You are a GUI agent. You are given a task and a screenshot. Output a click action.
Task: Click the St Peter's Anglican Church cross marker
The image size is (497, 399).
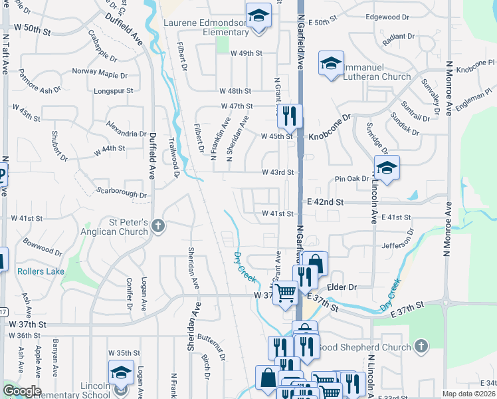tap(157, 226)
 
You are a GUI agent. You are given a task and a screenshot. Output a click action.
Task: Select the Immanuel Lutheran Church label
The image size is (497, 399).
tap(377, 76)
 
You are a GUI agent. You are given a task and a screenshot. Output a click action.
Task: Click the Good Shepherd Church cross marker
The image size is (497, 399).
tap(420, 346)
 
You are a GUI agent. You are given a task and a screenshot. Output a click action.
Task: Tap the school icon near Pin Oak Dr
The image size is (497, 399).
tap(386, 168)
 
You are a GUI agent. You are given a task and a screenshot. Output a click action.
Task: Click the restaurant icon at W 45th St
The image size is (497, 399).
tap(289, 116)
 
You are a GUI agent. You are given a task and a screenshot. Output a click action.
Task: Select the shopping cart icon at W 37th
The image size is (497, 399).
tap(285, 292)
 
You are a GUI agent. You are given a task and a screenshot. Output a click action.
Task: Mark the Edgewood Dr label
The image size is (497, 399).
tap(387, 17)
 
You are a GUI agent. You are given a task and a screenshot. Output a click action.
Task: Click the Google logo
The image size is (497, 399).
tap(21, 391)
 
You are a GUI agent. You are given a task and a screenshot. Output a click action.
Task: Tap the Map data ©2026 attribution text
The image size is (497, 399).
tap(468, 394)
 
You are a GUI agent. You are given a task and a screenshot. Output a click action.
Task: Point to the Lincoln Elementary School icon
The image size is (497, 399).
tap(120, 372)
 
